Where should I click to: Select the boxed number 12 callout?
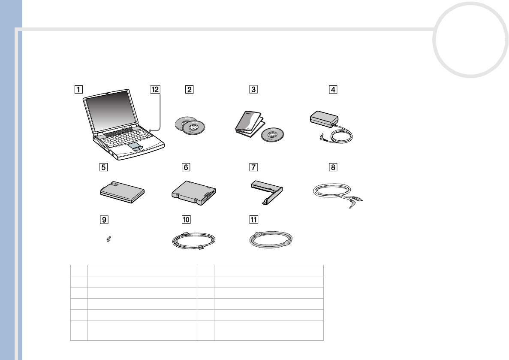[154, 90]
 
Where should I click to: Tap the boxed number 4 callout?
[333, 90]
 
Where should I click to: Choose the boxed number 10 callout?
[185, 219]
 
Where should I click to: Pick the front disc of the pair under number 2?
[193, 128]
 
